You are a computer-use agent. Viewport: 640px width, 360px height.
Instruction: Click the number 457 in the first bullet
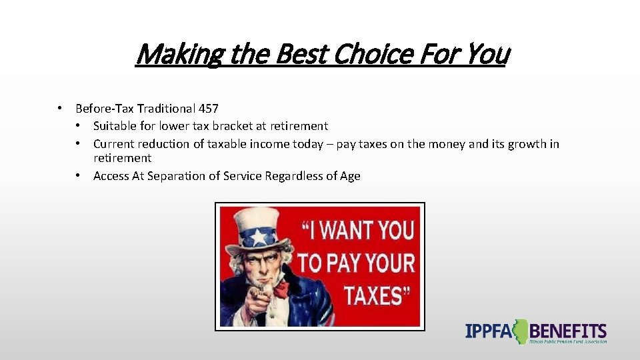click(207, 108)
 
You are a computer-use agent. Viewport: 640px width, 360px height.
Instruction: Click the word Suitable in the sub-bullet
click(115, 126)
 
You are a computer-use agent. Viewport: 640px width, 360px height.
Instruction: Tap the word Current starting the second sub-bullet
click(113, 144)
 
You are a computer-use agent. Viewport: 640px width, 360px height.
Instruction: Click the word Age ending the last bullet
click(350, 176)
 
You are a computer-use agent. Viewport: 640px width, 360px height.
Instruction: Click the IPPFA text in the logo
click(489, 331)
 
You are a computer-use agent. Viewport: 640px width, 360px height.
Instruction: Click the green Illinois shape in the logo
click(519, 331)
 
